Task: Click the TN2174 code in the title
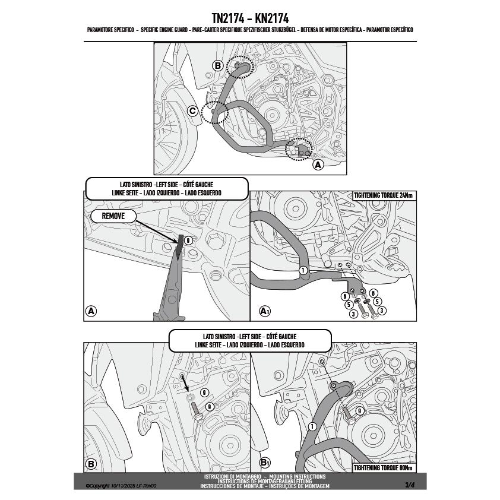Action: click(228, 18)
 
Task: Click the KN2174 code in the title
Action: click(272, 18)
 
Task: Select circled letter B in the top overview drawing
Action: click(218, 66)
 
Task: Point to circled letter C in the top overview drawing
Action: click(192, 111)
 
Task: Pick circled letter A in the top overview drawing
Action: click(318, 165)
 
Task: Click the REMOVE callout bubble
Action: click(113, 216)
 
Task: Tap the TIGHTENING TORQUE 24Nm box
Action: click(384, 195)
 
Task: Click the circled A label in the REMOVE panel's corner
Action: click(91, 311)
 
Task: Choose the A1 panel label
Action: click(265, 311)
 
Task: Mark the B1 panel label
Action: click(265, 463)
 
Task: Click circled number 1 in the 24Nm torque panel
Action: click(303, 270)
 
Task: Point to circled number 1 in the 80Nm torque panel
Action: click(312, 426)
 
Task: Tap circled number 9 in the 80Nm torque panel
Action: click(359, 411)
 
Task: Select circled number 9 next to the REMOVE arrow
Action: click(188, 240)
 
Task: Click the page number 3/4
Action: click(410, 485)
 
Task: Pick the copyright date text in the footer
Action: click(121, 486)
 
